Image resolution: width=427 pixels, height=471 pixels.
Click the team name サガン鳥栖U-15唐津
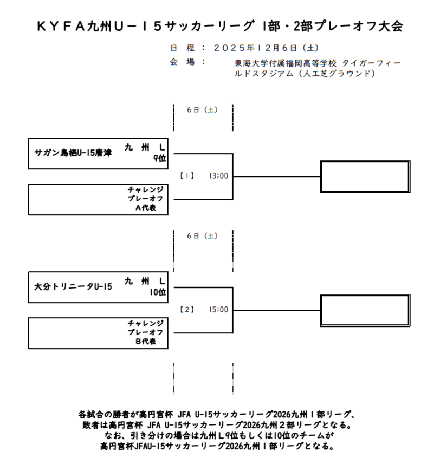73,153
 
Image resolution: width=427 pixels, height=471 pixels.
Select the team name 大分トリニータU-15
73,286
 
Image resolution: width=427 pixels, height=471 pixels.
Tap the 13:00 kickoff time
218,176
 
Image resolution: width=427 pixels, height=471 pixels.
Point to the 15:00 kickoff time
218,310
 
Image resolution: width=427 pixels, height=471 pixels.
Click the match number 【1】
186,176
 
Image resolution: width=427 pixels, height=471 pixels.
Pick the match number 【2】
186,310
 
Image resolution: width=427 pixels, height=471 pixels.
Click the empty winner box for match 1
365,176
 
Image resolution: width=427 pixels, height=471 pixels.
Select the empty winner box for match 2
365,310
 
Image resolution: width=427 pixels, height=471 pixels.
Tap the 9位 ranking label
159,158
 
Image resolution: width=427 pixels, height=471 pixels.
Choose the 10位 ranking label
158,292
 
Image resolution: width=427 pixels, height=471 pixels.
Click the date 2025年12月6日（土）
266,48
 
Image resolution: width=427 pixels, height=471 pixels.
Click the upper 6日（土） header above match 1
202,110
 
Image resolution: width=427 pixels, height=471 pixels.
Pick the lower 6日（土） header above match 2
202,236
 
